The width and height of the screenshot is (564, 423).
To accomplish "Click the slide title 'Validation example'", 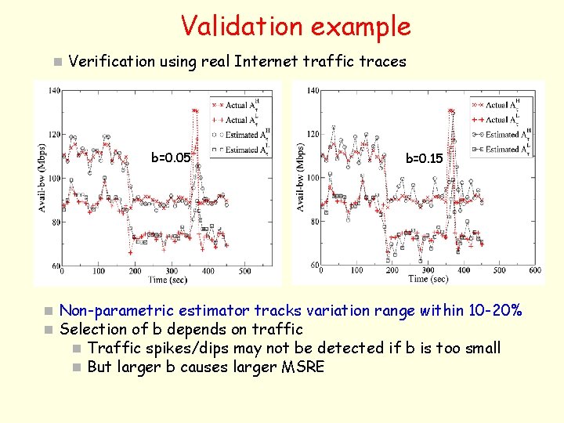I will tap(295, 26).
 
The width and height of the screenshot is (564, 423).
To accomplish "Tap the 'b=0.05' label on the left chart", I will tap(171, 157).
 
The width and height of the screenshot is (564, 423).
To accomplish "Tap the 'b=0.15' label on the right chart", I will tap(424, 159).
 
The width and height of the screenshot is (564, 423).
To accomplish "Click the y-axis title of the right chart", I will tap(302, 176).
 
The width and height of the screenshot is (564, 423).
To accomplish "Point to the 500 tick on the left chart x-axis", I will tap(244, 271).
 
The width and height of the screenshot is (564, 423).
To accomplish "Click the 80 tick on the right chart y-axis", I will tap(313, 222).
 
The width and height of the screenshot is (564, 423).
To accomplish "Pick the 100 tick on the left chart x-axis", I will tap(99, 271).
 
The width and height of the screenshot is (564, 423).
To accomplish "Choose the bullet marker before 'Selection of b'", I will tap(49, 330).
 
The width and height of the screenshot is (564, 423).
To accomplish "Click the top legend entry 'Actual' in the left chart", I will tap(236, 105).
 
